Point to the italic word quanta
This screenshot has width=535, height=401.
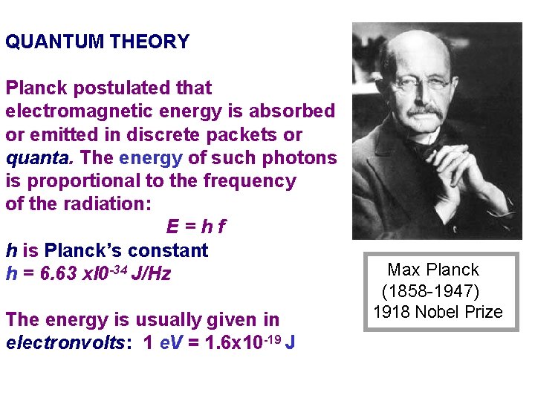[x=39, y=158]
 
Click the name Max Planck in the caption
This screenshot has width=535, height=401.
[x=433, y=270]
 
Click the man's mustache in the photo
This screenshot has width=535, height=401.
[x=424, y=111]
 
